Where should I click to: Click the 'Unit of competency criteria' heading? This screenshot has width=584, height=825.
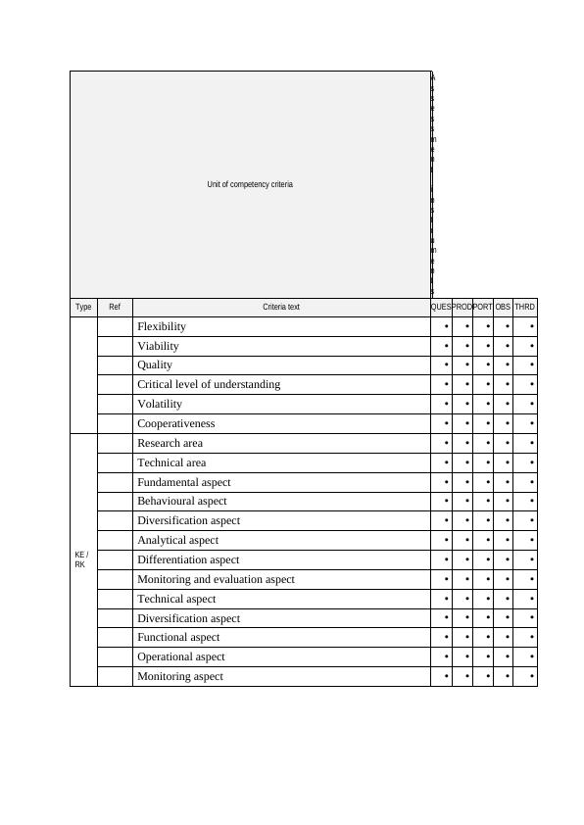pos(250,184)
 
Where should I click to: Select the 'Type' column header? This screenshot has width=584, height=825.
pos(83,307)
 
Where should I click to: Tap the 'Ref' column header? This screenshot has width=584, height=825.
pos(115,307)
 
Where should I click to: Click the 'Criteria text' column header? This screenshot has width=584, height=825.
pos(281,307)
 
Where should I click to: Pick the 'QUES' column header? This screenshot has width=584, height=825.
pos(441,307)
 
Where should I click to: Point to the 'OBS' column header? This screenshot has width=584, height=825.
pos(503,307)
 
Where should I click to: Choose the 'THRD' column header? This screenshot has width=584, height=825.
pos(525,307)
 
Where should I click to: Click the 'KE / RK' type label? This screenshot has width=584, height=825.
pos(81,559)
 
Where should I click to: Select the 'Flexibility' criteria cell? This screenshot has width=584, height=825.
pos(162,326)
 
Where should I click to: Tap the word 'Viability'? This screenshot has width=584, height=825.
pos(159,346)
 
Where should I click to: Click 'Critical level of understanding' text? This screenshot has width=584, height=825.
pos(209,384)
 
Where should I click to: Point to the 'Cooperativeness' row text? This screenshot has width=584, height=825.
pos(176,423)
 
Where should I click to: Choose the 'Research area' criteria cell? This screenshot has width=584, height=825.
pos(170,443)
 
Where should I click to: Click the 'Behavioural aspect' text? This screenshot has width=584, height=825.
pos(182,501)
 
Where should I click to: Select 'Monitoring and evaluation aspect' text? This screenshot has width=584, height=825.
pos(216,579)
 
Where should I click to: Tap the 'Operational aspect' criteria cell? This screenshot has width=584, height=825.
pos(181,656)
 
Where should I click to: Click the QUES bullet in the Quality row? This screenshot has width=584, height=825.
pos(447,365)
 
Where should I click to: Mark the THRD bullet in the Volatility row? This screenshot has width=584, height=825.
pos(531,405)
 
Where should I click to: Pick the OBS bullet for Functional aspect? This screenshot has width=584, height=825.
pos(508,638)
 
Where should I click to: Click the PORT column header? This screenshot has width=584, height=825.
pos(482,307)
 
